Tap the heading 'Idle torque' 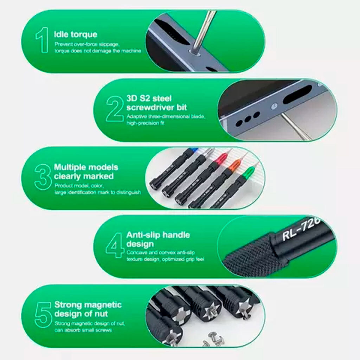(x=76, y=34)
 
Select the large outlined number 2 (x=115, y=109)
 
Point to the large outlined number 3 (x=43, y=177)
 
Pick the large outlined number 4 (x=115, y=245)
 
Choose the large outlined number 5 (x=43, y=315)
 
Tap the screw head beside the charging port (x=274, y=106)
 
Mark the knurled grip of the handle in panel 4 (x=255, y=255)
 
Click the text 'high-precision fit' (x=145, y=123)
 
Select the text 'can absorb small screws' (x=83, y=330)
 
